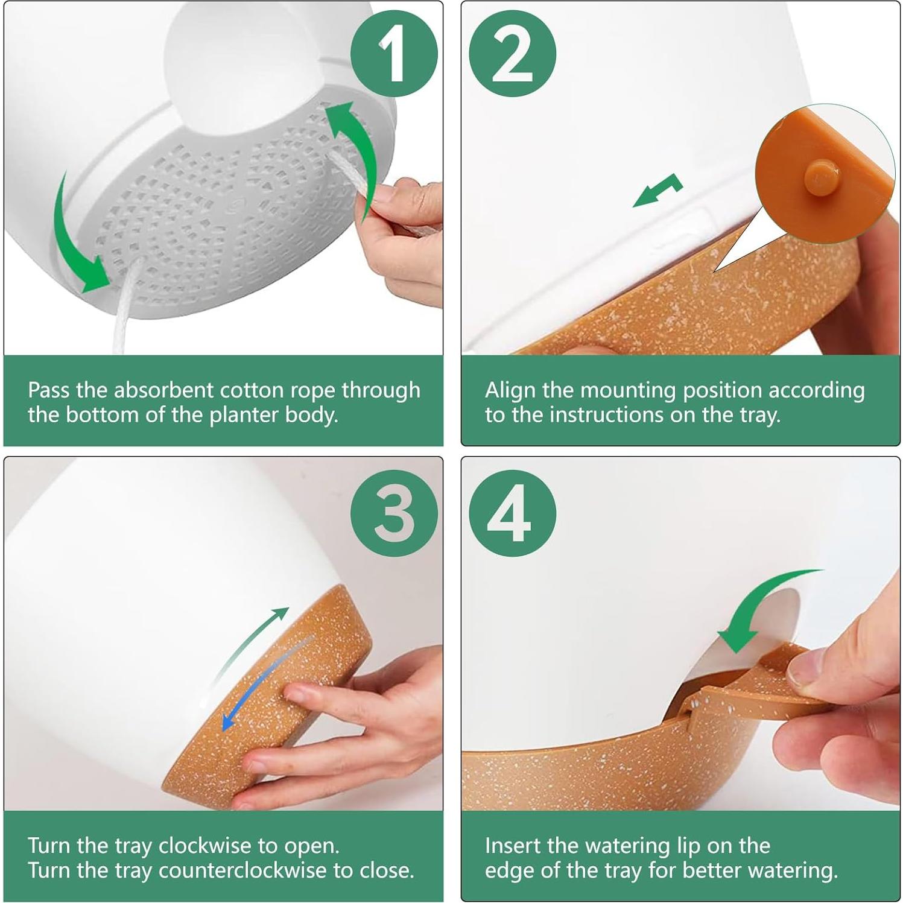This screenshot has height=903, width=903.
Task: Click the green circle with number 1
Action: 394,54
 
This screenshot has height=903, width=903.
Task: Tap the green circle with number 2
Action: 512,54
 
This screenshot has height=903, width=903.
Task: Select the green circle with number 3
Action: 394,513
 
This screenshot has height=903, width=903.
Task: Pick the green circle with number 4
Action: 512,513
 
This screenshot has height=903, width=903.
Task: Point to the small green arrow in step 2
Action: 657,191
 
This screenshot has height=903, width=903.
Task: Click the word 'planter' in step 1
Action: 239,416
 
